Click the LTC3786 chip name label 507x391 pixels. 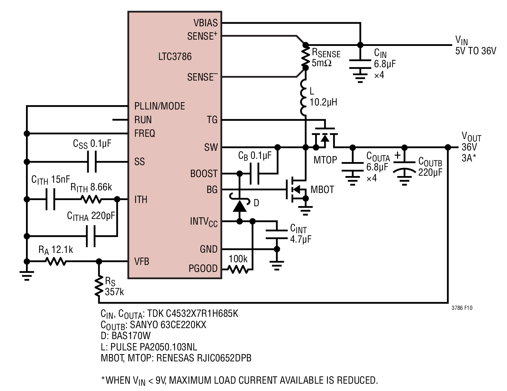tap(175, 56)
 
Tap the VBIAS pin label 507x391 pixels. tap(206, 23)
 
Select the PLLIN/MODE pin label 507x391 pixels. tap(160, 106)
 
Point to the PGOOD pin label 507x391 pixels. tap(203, 269)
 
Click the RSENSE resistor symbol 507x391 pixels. tap(305, 56)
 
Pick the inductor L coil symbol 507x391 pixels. tap(303, 98)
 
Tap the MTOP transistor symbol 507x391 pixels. tap(325, 137)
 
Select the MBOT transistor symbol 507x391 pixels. tap(296, 189)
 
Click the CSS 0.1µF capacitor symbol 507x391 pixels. tap(92, 162)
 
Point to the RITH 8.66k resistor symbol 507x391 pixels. tap(91, 199)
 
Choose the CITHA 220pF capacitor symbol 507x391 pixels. tap(91, 236)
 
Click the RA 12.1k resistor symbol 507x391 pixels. tap(56, 261)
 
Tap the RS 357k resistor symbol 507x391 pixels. tap(99, 286)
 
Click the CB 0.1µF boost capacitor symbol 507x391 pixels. tap(254, 174)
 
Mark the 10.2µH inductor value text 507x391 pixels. tap(323, 102)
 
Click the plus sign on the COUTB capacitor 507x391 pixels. tap(397, 155)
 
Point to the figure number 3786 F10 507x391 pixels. tap(462, 308)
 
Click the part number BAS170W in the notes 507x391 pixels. tap(131, 336)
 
